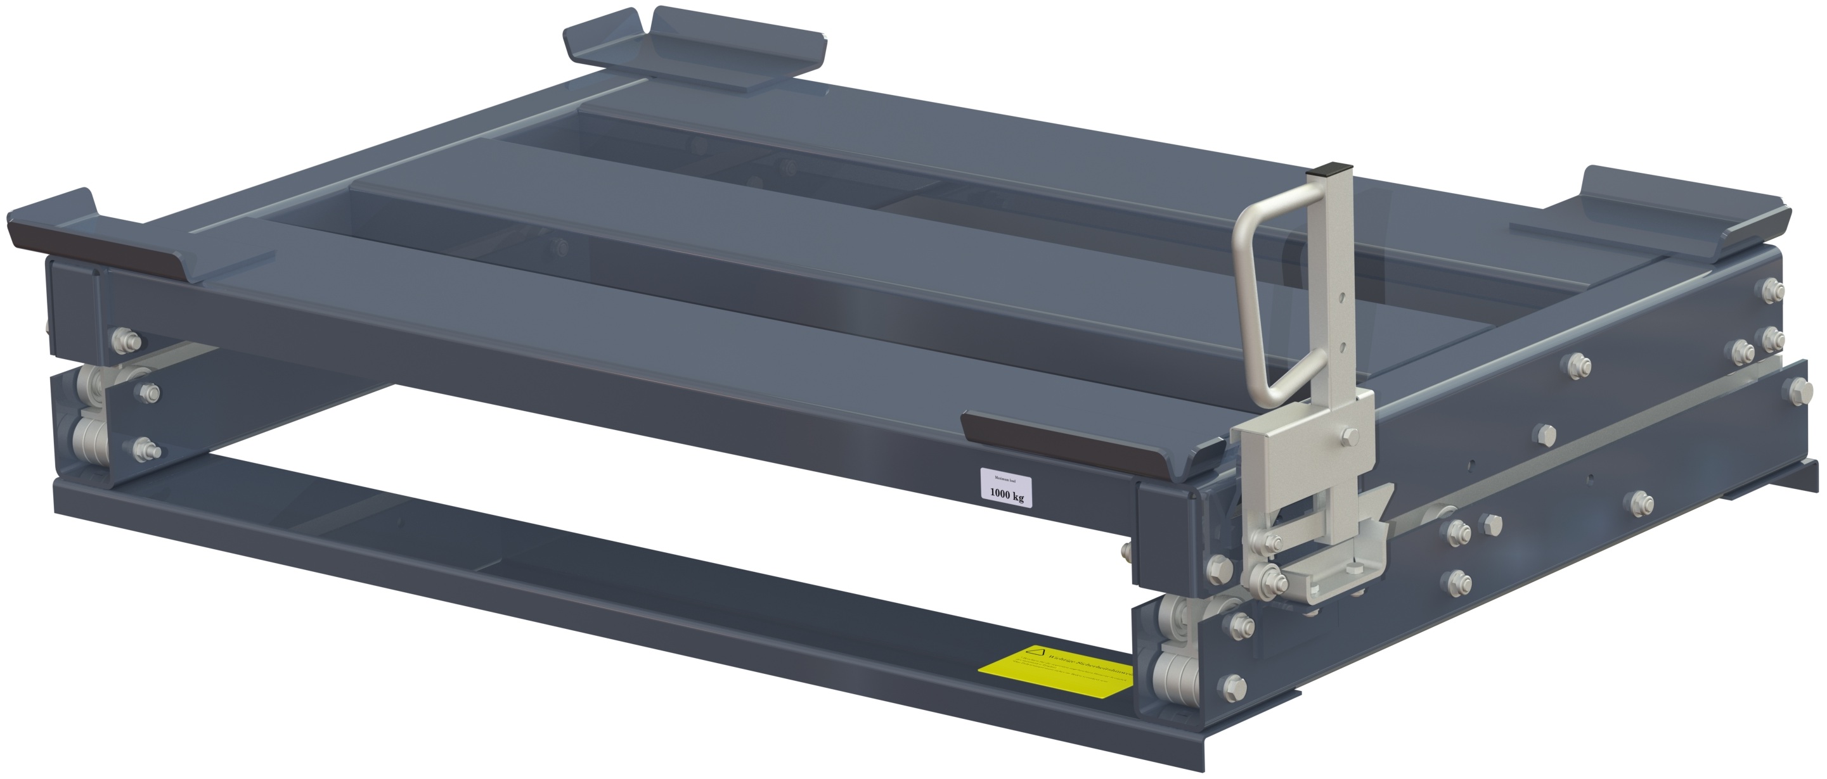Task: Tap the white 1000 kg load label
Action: (x=1005, y=487)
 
